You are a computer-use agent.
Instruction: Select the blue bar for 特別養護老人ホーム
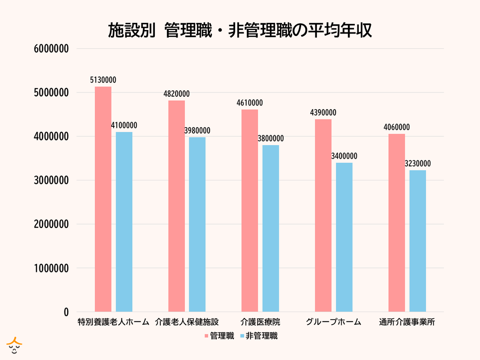[x=124, y=222]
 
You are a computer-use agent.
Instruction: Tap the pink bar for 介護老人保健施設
[x=176, y=206]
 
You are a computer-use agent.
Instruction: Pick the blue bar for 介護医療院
[x=271, y=228]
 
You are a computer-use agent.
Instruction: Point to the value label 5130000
[x=103, y=80]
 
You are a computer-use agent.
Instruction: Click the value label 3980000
[x=197, y=131]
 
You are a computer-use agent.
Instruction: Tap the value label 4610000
[x=250, y=103]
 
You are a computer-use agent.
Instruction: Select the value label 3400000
[x=344, y=156]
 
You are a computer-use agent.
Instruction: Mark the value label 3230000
[x=418, y=164]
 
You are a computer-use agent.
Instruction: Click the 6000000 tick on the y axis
[x=52, y=49]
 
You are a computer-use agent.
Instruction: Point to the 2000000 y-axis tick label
[x=52, y=224]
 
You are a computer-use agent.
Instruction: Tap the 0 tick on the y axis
[x=66, y=312]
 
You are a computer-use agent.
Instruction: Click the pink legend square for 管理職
[x=206, y=336]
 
